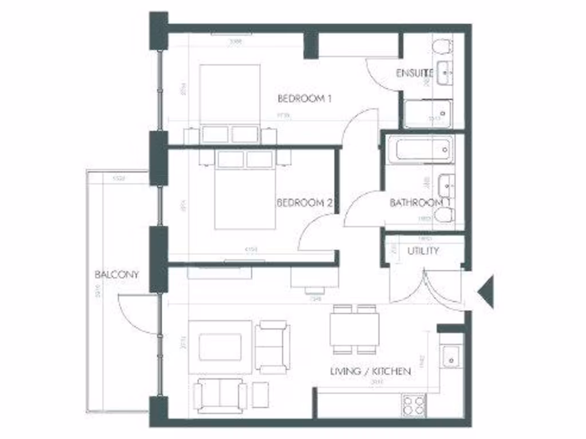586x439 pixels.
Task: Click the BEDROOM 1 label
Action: point(304,98)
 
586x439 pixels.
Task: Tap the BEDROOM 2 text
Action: point(304,203)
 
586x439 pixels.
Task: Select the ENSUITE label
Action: point(414,73)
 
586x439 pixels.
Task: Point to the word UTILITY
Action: point(423,251)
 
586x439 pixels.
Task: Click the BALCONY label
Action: point(117,274)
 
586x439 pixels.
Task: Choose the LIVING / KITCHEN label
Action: point(370,372)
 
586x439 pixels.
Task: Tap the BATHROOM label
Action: point(417,203)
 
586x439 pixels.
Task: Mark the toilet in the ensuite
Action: point(442,46)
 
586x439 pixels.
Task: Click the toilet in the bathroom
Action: point(444,215)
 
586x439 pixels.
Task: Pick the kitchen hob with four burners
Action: point(413,405)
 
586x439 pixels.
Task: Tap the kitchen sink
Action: point(450,358)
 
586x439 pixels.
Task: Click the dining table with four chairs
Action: point(353,329)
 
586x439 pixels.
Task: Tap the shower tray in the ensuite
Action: point(427,114)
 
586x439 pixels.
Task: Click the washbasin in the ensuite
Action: point(445,73)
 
